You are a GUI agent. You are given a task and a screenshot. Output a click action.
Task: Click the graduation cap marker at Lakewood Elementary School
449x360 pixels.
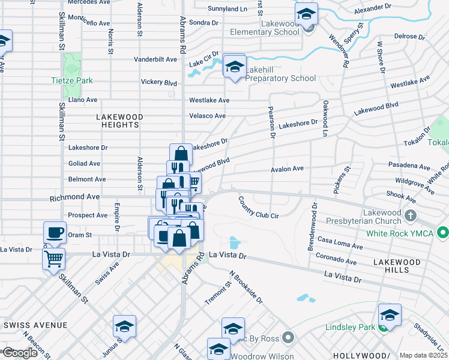(x=307, y=13)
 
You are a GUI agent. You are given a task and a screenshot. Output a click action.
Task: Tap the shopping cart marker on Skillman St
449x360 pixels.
(x=54, y=259)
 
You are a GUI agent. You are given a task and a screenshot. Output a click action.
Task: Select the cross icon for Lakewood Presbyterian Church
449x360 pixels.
(x=411, y=214)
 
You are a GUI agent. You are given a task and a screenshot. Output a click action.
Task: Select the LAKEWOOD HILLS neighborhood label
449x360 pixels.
(x=397, y=262)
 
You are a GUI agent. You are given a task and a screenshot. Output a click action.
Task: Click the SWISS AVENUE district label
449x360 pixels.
(x=35, y=325)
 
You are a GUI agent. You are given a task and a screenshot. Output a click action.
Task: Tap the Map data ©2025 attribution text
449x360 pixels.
(x=423, y=355)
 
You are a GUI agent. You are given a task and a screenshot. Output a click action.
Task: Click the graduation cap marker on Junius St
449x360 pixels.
(x=124, y=326)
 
